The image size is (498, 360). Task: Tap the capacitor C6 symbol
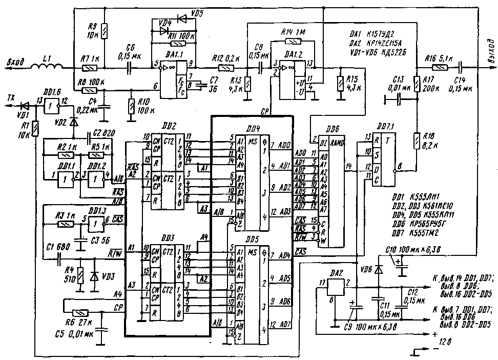coord(130,67)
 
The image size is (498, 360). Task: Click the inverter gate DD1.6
coord(51,106)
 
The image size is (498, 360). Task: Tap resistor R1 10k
coord(35,129)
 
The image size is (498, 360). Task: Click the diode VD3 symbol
coord(94,276)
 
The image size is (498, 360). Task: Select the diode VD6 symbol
coord(378,270)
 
